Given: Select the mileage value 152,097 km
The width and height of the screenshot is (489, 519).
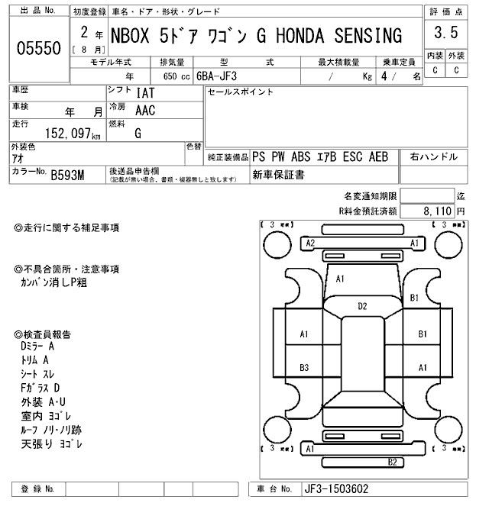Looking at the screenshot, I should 57,134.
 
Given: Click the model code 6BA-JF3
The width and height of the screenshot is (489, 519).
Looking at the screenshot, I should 226,76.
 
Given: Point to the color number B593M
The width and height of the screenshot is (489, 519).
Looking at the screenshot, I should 68,176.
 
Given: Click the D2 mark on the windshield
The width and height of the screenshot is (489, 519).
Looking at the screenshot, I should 363,306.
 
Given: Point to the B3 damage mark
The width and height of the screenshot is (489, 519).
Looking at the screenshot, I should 304,368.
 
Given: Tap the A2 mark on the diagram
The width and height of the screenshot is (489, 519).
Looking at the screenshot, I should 310,243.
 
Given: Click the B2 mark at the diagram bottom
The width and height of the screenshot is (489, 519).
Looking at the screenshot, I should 392,462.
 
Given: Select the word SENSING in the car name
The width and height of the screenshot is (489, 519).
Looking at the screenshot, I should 370,35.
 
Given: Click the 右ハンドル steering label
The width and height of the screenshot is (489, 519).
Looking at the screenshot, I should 435,157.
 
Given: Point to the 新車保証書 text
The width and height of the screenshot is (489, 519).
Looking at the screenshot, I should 278,175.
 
